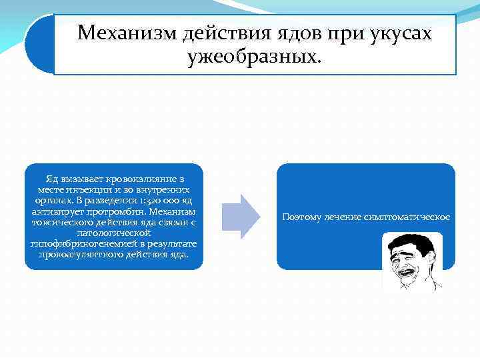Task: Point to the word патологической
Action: tap(113, 233)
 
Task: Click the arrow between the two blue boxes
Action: tap(241, 217)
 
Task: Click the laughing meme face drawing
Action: tap(412, 261)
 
